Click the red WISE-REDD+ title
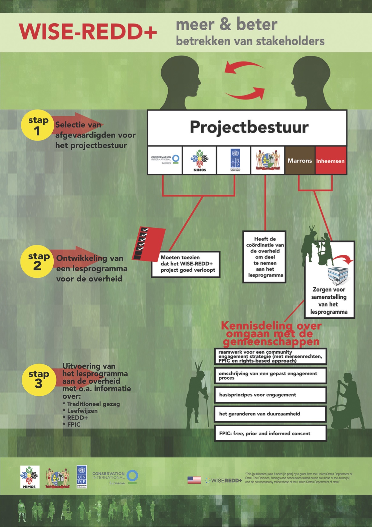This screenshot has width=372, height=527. [88, 32]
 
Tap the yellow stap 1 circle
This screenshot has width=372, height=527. [37, 126]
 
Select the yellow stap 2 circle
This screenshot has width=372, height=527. [37, 261]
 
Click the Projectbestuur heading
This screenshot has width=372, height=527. [249, 127]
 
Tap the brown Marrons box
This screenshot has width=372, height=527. [300, 161]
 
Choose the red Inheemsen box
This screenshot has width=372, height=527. [330, 161]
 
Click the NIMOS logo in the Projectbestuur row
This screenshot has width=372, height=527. [200, 160]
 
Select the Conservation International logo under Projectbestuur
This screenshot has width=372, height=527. [165, 160]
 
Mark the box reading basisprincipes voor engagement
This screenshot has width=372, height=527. [270, 395]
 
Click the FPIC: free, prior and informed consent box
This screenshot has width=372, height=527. [270, 434]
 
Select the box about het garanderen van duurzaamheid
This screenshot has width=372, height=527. [270, 414]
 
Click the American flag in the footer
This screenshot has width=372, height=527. [194, 480]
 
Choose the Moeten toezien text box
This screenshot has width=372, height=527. [186, 264]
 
